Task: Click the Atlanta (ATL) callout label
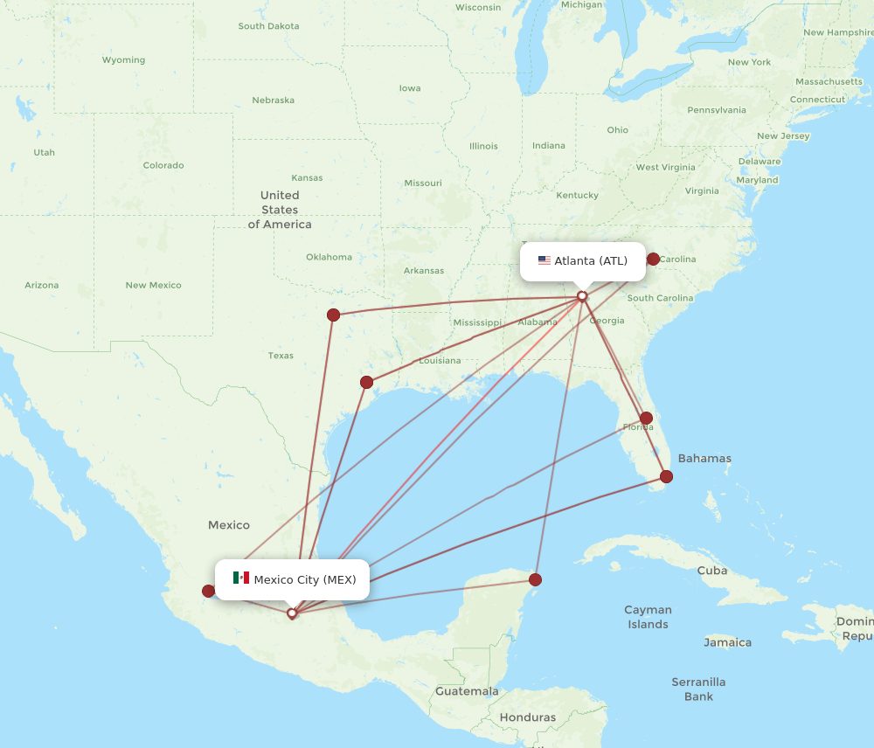pos(583,260)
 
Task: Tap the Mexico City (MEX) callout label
pos(292,579)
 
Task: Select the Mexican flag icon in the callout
pos(241,578)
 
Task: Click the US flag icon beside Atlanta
pos(545,260)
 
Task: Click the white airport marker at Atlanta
pos(582,296)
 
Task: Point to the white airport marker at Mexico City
pos(292,613)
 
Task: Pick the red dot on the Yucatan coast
pos(535,579)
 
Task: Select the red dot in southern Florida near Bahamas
pos(666,476)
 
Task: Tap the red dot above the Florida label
pos(646,418)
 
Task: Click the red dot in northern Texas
pos(333,315)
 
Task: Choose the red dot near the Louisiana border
pos(366,382)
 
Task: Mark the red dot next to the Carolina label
pos(653,259)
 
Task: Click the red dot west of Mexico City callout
pos(208,591)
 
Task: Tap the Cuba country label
pos(711,571)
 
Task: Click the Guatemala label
pos(467,691)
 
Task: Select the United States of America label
pos(280,210)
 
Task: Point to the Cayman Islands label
pos(648,617)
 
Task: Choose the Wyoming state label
pos(123,60)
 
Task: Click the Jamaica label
pos(727,642)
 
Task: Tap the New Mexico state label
pos(153,286)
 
